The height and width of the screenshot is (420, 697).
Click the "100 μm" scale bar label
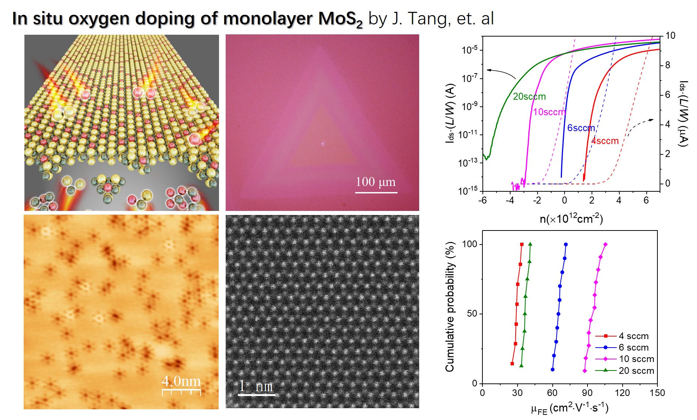click(376, 182)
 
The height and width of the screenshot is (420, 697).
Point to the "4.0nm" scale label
click(181, 381)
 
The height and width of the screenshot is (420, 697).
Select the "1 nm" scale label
click(256, 386)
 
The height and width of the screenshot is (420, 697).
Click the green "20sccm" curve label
click(529, 96)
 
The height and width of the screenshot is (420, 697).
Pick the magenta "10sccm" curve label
click(549, 112)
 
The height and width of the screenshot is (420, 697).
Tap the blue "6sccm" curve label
click(581, 128)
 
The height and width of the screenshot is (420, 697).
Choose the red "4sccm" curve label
click(605, 141)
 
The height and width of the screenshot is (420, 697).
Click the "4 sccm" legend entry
click(633, 336)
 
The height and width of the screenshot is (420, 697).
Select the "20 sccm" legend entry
click(636, 371)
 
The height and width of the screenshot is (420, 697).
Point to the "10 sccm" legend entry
click(636, 359)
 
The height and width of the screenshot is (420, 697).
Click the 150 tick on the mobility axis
click(657, 393)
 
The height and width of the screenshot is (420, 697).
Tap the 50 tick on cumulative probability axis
click(472, 314)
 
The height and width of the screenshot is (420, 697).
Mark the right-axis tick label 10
click(670, 36)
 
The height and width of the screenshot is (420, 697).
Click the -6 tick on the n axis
click(482, 200)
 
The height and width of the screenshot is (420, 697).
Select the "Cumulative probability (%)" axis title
click(449, 307)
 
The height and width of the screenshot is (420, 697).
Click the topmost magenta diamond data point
click(605, 245)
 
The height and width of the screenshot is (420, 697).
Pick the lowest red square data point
click(512, 364)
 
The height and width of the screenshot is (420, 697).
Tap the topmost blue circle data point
click(566, 245)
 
